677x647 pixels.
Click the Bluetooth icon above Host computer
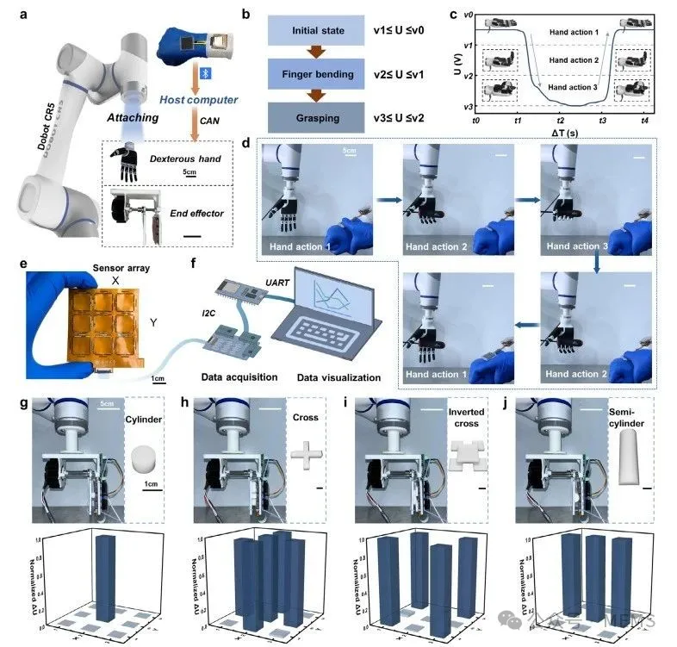(x=204, y=75)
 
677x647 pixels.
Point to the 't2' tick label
(x=561, y=121)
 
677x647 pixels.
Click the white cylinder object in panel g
(x=144, y=457)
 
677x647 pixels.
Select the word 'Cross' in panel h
(x=304, y=417)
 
